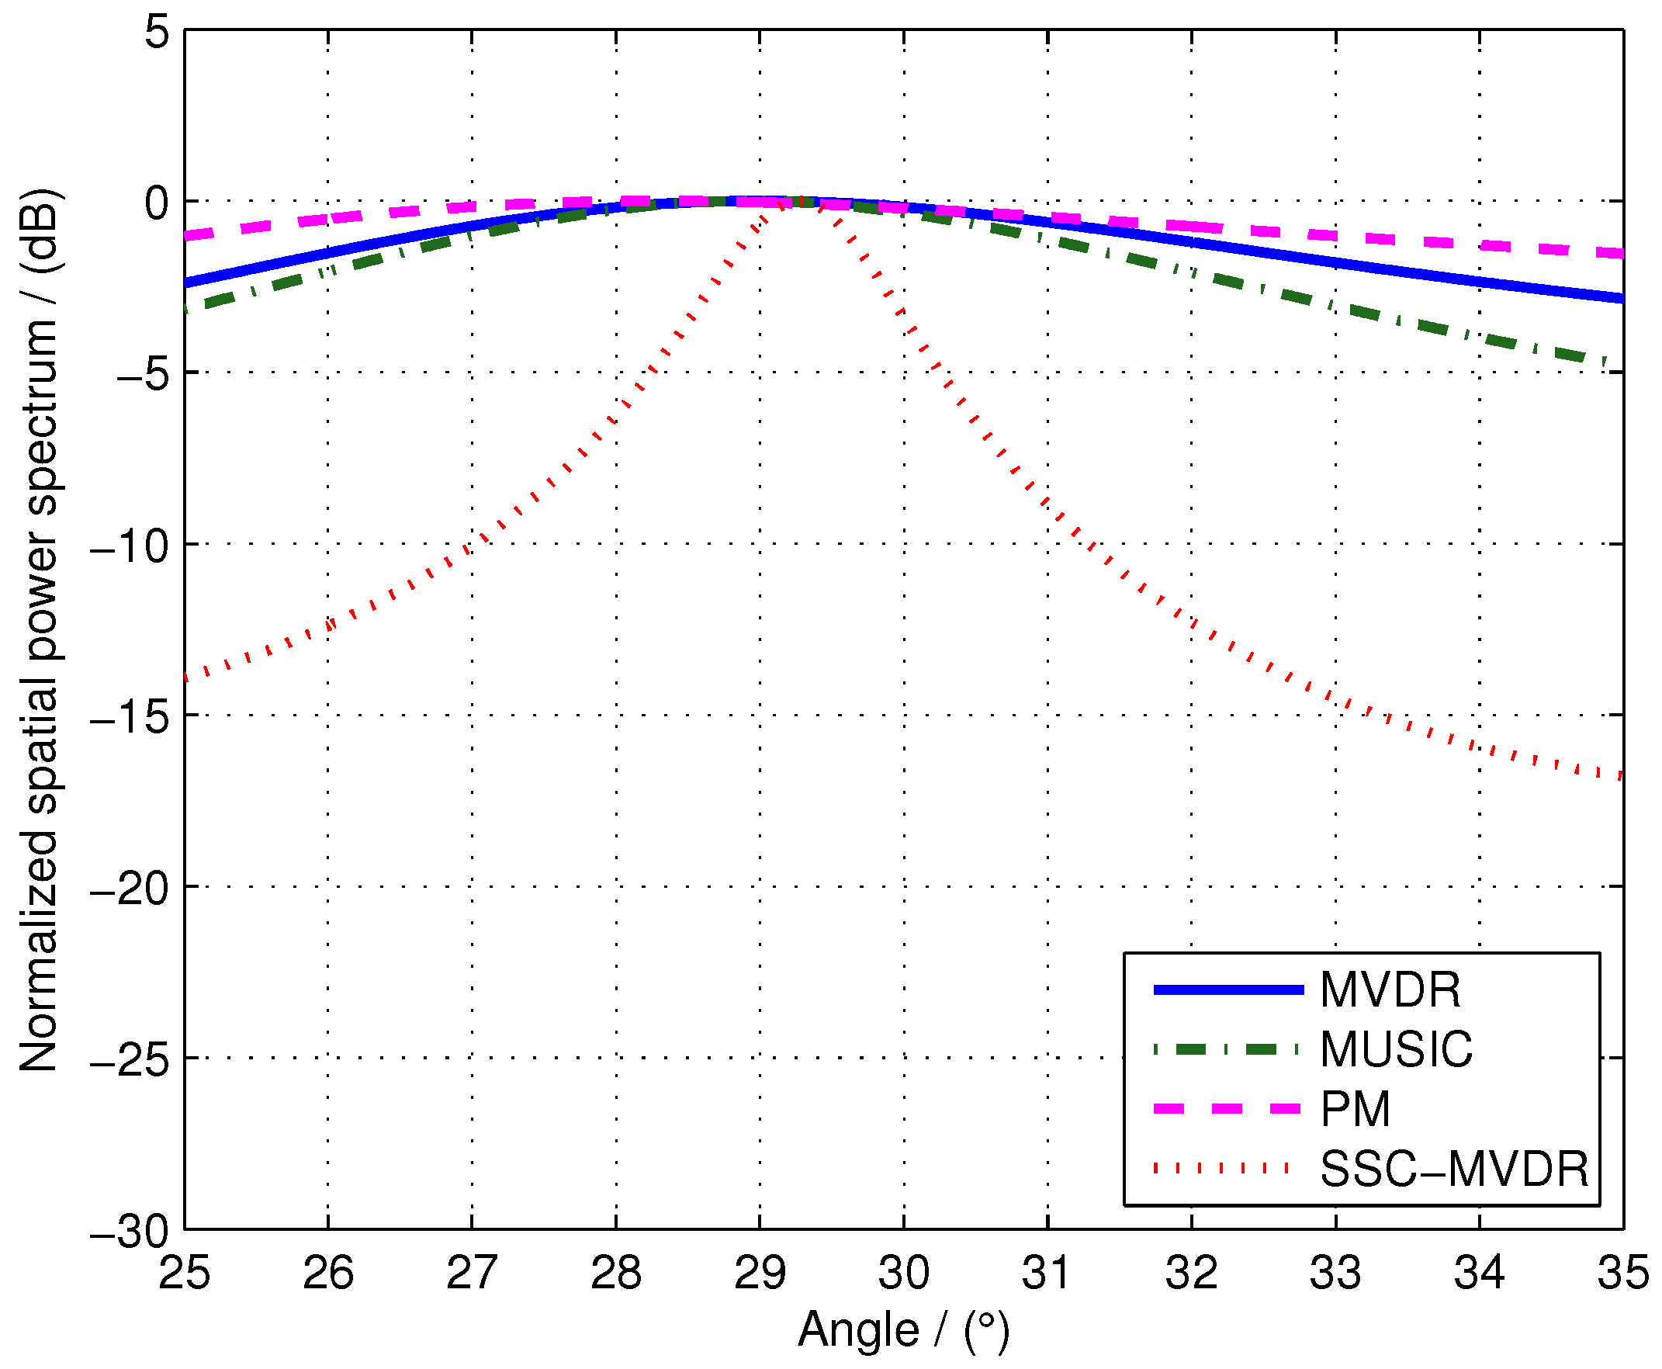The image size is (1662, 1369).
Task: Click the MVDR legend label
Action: [1390, 989]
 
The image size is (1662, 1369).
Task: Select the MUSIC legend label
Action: [1396, 1049]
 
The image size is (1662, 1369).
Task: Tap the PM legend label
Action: [1356, 1110]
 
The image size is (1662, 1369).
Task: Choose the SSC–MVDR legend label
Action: [1454, 1170]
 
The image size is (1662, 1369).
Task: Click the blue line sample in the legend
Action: [1227, 989]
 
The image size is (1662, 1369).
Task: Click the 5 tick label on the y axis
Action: [157, 33]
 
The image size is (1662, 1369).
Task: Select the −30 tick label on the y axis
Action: [130, 1232]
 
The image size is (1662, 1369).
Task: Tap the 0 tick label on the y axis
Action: [157, 204]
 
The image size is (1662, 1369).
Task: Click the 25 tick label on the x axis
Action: [185, 1274]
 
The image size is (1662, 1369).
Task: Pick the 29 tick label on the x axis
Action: [760, 1274]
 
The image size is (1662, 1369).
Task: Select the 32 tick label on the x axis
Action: [1191, 1274]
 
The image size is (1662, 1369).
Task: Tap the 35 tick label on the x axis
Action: [1622, 1274]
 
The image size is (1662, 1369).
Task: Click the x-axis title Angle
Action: [859, 1330]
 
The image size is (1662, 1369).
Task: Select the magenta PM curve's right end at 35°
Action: [1619, 253]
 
